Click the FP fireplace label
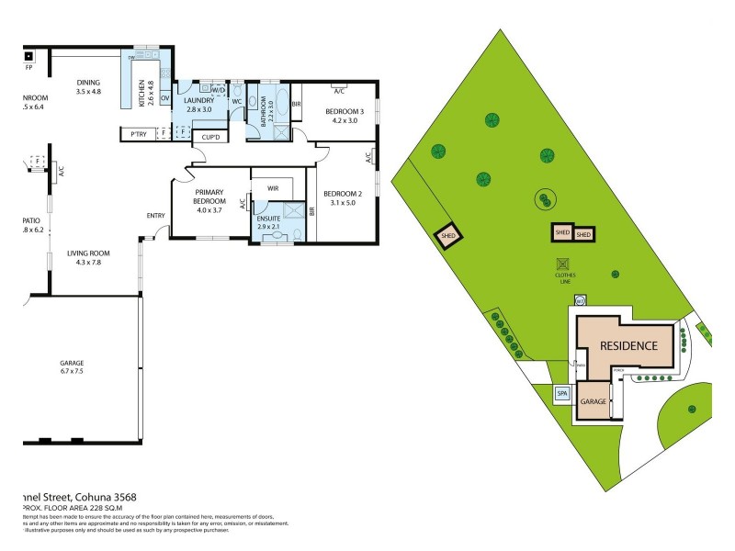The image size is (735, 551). (x=28, y=67)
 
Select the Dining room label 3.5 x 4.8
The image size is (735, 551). (x=88, y=87)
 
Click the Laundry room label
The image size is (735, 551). (x=198, y=105)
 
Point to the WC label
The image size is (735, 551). (x=236, y=101)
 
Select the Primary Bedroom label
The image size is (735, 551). (x=209, y=199)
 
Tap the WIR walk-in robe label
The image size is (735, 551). (x=273, y=187)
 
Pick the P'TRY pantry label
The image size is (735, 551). (x=140, y=135)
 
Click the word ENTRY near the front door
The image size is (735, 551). (x=155, y=216)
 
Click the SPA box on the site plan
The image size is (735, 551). (x=562, y=395)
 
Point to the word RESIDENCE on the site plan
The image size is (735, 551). (x=628, y=346)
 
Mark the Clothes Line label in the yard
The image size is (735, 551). (x=565, y=276)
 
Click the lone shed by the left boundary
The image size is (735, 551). (x=449, y=235)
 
